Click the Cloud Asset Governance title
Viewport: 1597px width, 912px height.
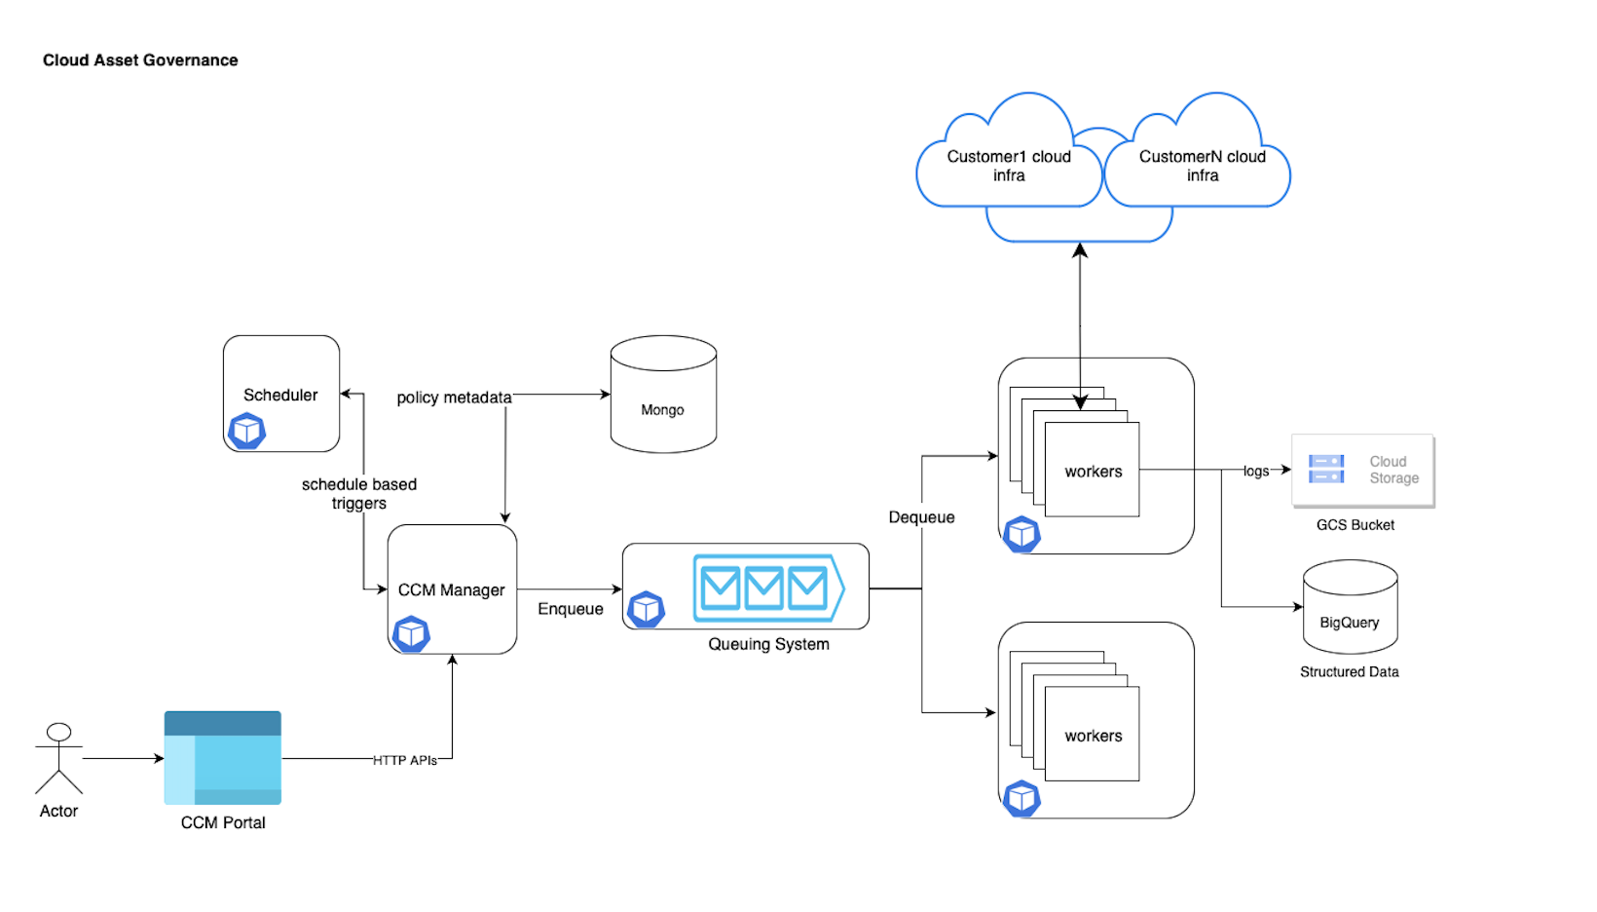click(x=140, y=60)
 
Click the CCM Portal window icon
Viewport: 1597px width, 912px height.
click(x=222, y=757)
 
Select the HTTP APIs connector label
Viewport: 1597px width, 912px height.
click(x=405, y=760)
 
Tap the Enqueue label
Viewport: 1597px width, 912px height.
click(x=571, y=609)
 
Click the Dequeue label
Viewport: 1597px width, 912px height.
click(x=921, y=517)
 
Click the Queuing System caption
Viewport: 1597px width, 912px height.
click(x=768, y=644)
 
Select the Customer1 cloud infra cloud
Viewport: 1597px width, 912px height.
click(x=1009, y=166)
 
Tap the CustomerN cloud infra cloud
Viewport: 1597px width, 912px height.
click(x=1202, y=166)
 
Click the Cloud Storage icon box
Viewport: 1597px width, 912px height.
click(x=1362, y=470)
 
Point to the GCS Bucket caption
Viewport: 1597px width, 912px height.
click(x=1356, y=525)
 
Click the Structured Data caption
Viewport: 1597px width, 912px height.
click(x=1349, y=672)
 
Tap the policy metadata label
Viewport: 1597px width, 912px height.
click(x=454, y=398)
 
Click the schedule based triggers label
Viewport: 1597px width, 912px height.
click(x=359, y=494)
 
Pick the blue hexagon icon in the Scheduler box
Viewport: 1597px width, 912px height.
click(x=246, y=431)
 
